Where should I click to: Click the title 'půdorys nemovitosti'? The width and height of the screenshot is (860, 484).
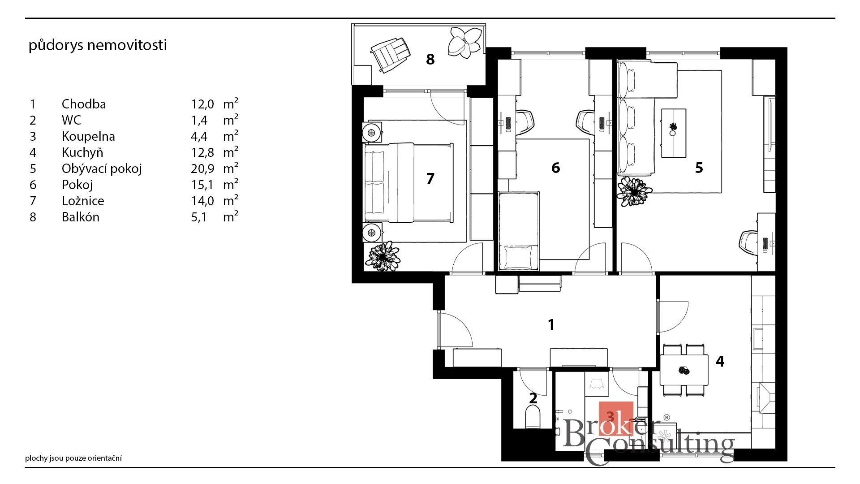(x=98, y=45)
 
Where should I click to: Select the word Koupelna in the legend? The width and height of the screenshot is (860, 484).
(x=88, y=136)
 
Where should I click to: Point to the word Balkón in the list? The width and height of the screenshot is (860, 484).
(x=81, y=217)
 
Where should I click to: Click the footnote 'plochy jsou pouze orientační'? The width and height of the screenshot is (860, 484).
(x=73, y=458)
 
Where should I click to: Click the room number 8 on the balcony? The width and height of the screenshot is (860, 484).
(x=430, y=59)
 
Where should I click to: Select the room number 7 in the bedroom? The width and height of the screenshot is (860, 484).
(x=430, y=178)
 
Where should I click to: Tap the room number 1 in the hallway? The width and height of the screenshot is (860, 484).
(x=551, y=324)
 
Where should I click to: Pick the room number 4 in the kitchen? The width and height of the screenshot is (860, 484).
(x=720, y=361)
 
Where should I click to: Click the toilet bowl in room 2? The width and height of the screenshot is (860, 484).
(x=533, y=416)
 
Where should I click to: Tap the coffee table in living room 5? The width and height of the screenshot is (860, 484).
(x=674, y=133)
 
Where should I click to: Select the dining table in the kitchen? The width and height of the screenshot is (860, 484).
(x=684, y=370)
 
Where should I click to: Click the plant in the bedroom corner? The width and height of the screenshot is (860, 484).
(x=383, y=256)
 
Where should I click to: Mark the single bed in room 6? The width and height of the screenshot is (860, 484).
(x=519, y=231)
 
